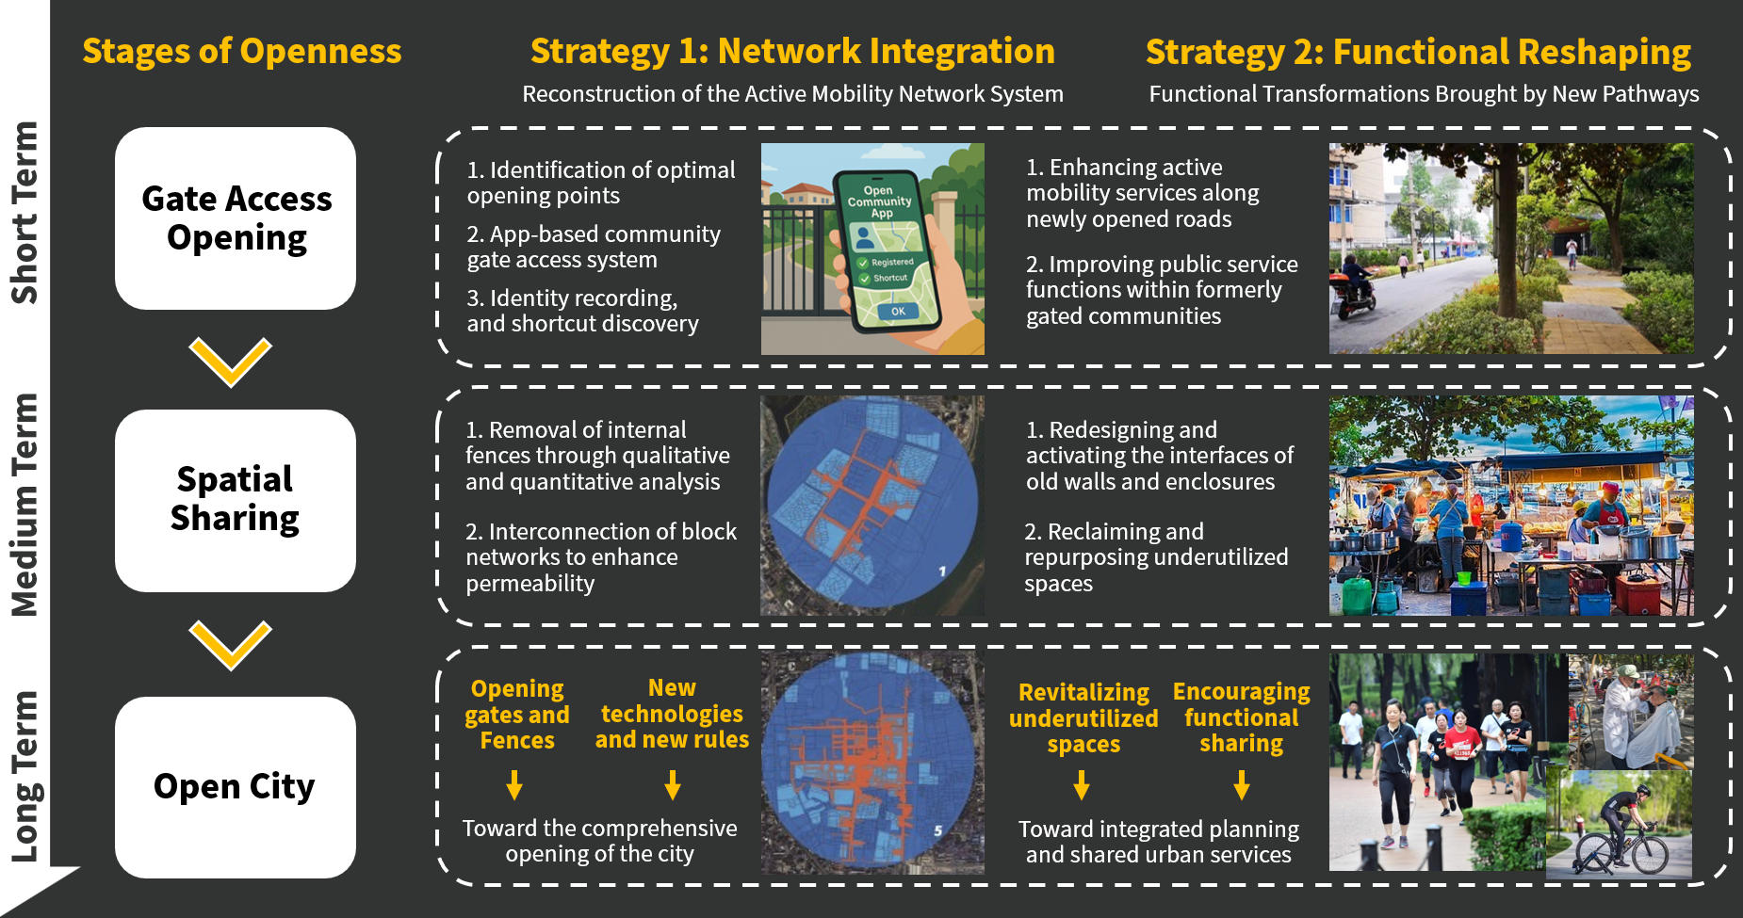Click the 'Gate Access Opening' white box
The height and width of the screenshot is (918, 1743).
[236, 218]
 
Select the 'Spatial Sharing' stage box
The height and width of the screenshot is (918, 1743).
[236, 501]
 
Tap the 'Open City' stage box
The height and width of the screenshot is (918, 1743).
[236, 787]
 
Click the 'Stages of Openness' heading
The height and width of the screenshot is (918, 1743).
[242, 51]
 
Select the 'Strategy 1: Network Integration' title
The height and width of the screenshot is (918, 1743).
[792, 51]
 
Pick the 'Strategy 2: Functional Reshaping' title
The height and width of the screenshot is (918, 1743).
[1418, 52]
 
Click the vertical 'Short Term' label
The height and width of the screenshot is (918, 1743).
[24, 213]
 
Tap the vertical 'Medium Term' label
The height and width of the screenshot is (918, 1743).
[24, 505]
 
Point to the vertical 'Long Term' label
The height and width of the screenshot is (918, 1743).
[24, 777]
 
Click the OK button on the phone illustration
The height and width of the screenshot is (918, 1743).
[897, 311]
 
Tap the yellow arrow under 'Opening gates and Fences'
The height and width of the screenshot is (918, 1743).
[514, 785]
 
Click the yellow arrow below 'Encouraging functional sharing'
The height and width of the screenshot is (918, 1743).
[1242, 785]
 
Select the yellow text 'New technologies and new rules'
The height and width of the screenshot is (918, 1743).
[672, 714]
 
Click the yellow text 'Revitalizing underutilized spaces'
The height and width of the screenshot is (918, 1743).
[1083, 718]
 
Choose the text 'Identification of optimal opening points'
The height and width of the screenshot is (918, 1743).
[601, 183]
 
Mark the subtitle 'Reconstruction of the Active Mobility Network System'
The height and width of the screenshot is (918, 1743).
[793, 94]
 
